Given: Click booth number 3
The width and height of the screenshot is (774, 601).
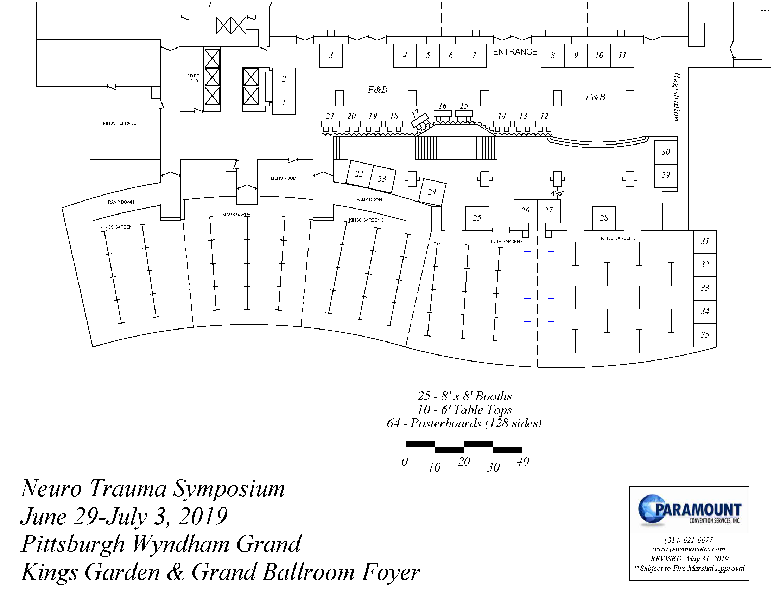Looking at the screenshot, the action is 331,55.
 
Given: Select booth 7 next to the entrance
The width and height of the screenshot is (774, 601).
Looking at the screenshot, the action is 474,55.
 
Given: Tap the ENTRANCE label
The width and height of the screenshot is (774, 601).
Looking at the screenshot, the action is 515,52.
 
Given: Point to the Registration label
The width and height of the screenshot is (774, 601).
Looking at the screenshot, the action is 676,96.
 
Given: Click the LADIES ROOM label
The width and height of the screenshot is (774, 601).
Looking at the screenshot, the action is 192,78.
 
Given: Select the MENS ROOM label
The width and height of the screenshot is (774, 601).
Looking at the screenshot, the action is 283,178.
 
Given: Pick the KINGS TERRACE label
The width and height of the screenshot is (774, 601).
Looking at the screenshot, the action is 119,123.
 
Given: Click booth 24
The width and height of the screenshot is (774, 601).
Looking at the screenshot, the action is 432,192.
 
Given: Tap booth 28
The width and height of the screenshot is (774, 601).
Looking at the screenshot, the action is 604,218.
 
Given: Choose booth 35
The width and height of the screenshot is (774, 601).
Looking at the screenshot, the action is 705,335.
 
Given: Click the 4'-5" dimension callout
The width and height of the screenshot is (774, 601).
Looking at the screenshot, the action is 557,193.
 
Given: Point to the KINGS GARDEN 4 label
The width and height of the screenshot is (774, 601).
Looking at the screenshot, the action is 506,242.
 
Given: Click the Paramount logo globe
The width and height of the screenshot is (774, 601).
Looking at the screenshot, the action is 651,509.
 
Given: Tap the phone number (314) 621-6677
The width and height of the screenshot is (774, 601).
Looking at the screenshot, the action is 689,540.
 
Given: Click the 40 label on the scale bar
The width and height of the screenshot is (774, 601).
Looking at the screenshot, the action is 523,461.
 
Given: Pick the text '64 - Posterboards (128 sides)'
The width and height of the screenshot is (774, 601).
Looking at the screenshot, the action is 464,423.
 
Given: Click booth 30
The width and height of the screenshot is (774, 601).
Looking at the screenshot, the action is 666,152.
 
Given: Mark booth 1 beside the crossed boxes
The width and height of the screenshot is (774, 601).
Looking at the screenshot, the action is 284,103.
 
